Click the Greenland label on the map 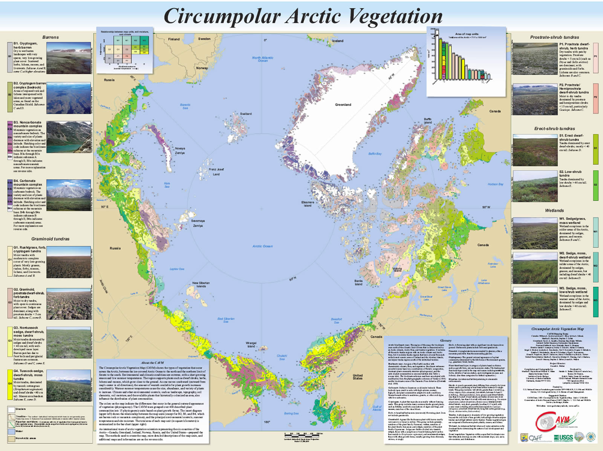tap(343, 104)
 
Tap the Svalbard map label tap(246, 114)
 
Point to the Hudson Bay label tap(495, 184)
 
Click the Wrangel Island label tap(251, 345)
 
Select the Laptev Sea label tap(177, 269)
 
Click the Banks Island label tap(358, 282)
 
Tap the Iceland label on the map tap(338, 41)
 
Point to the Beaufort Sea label tap(337, 321)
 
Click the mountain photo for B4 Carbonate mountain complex tap(69, 195)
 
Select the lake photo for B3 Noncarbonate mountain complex tap(69, 137)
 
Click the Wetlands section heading tap(554, 210)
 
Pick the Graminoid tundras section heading tap(51, 239)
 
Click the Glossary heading tap(445, 341)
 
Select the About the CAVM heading tap(152, 363)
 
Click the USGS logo tap(563, 438)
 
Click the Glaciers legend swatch tap(11, 409)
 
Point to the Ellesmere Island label tap(308, 204)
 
